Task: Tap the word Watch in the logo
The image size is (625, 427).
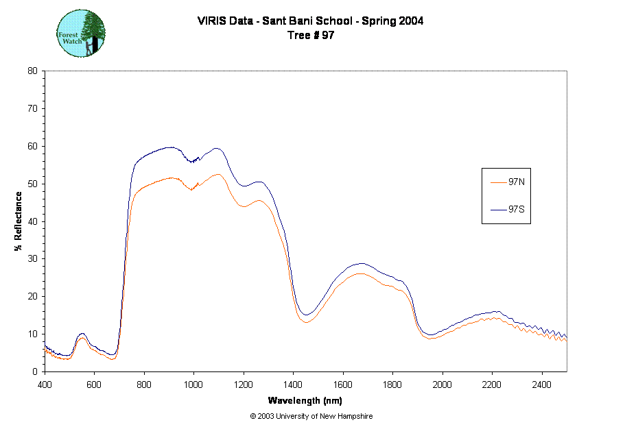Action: click(x=71, y=40)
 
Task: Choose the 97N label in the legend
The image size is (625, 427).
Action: click(x=517, y=182)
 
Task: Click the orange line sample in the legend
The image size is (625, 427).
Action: click(x=499, y=183)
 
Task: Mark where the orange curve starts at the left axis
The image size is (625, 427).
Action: click(x=46, y=350)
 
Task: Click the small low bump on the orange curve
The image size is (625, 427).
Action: click(x=82, y=338)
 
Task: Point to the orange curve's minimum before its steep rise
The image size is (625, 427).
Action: click(x=113, y=358)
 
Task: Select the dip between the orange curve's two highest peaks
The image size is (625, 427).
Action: click(x=192, y=189)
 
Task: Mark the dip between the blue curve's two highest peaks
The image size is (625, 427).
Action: click(x=193, y=162)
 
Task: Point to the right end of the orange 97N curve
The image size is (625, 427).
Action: click(x=566, y=341)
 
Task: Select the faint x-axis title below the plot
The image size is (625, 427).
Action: click(x=305, y=400)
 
